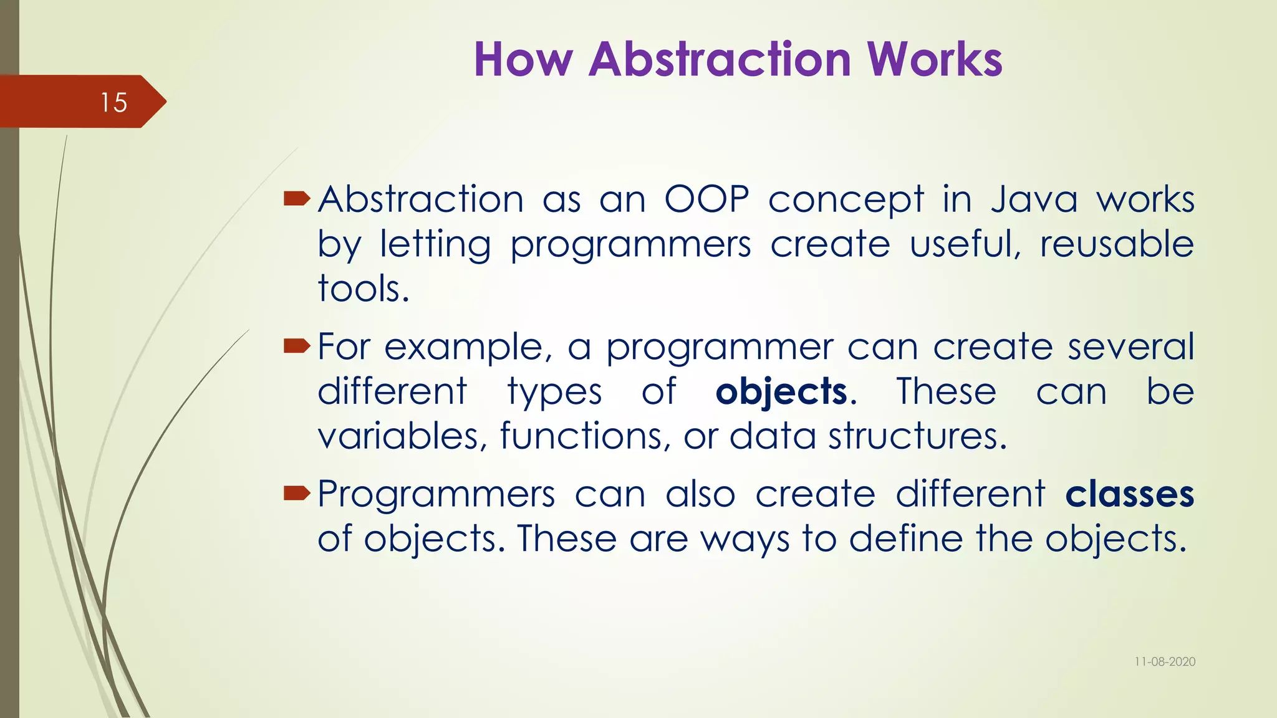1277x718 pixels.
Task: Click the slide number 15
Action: click(x=113, y=102)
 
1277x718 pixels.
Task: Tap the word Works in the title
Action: click(x=935, y=60)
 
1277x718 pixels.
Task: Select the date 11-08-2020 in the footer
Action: click(x=1165, y=662)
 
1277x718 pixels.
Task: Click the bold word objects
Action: click(x=781, y=393)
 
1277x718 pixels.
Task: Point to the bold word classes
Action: click(x=1129, y=495)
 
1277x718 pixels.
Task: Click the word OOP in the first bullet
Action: click(x=706, y=200)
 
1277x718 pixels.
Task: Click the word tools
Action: click(x=363, y=289)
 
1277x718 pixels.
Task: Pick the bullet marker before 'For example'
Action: click(x=297, y=346)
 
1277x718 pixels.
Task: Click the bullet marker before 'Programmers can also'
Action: click(x=297, y=494)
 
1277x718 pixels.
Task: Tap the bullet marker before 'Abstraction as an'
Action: click(x=297, y=199)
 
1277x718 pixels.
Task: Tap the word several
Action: click(x=1130, y=347)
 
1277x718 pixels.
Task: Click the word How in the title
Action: click(x=523, y=60)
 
